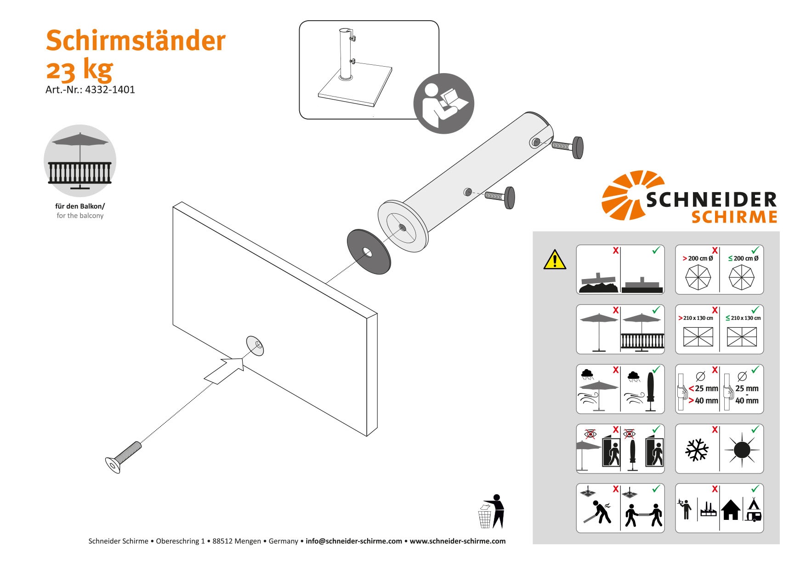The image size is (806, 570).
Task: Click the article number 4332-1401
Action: point(110,90)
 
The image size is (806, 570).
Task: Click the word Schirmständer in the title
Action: point(136,40)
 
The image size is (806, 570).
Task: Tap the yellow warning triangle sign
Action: point(555,260)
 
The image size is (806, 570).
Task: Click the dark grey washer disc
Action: point(369,252)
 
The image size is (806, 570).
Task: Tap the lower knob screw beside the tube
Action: point(501,197)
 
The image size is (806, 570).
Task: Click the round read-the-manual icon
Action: point(443,103)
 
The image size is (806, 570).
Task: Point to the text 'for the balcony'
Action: point(80,216)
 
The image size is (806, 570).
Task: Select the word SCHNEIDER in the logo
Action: point(711,200)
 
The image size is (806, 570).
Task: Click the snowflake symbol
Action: point(697,450)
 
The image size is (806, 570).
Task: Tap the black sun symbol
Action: point(742,450)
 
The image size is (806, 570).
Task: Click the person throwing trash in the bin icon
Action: point(492,512)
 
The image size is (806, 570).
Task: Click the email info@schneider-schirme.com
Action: point(353,541)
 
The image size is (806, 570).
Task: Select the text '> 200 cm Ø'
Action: point(698,258)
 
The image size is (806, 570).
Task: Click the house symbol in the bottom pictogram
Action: point(730,510)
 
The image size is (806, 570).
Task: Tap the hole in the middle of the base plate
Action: point(257,344)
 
